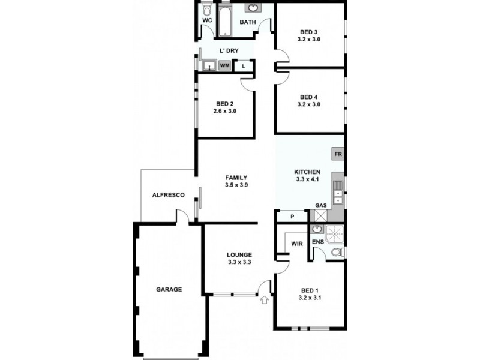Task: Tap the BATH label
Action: click(x=248, y=22)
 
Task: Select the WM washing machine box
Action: click(x=225, y=65)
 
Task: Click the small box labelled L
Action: click(x=243, y=66)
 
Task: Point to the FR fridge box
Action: click(x=338, y=154)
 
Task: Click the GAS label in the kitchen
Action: click(x=321, y=206)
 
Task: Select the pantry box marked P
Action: click(x=292, y=217)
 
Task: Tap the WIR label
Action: click(x=296, y=244)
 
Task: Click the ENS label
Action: click(x=318, y=242)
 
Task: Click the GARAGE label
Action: click(x=169, y=289)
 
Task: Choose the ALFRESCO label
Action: click(x=167, y=196)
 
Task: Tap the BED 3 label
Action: click(x=308, y=32)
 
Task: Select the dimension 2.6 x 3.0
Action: click(x=224, y=111)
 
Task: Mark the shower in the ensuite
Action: click(x=336, y=232)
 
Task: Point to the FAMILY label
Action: click(x=236, y=178)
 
